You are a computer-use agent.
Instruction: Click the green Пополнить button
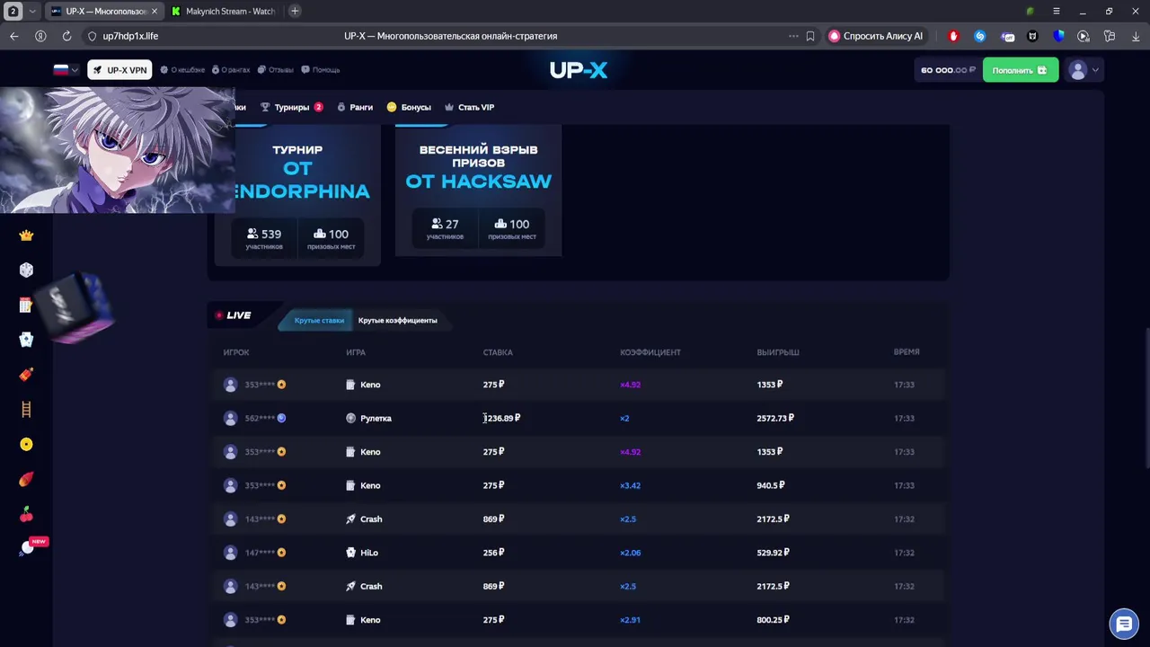click(1020, 70)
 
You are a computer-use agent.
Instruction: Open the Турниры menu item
click(291, 107)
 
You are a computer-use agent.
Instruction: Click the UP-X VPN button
click(119, 70)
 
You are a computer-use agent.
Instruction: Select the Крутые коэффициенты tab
click(397, 321)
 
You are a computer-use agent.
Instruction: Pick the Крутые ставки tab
click(319, 321)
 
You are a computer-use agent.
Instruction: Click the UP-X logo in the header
click(579, 70)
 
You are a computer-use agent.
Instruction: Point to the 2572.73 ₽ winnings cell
click(774, 418)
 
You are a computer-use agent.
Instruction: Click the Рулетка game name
click(376, 418)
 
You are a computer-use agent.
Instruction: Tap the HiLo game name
click(368, 553)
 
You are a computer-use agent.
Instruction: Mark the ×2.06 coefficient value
click(630, 553)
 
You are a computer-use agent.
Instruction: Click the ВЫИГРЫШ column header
click(777, 352)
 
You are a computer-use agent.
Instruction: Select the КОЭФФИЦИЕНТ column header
click(650, 352)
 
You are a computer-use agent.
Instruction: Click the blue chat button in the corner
click(1123, 624)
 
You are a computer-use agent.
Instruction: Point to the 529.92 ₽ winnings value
click(772, 553)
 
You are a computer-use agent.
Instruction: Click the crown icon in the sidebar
click(26, 235)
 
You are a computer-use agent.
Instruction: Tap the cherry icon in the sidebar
click(26, 514)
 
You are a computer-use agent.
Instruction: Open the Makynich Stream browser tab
click(229, 12)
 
